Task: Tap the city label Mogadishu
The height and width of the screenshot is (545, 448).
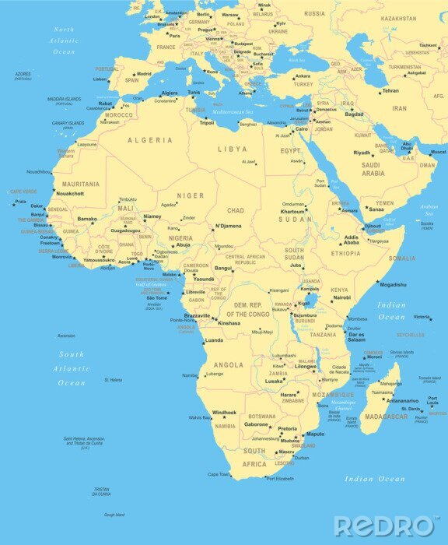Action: click(393, 285)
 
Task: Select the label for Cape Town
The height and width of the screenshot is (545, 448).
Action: click(219, 474)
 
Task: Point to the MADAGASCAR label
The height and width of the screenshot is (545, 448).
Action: click(385, 417)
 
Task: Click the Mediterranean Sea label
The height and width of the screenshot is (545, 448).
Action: click(233, 112)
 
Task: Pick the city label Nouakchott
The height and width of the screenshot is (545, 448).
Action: click(70, 193)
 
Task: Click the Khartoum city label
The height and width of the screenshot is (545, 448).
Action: click(292, 212)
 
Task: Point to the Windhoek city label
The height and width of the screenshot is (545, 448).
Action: click(224, 413)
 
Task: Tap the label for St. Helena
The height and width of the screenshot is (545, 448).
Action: click(113, 380)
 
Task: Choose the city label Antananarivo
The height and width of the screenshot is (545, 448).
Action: click(403, 401)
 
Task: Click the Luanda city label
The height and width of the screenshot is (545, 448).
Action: click(213, 341)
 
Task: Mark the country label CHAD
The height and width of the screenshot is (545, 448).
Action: click(235, 210)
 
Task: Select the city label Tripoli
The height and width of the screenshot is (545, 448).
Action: click(206, 123)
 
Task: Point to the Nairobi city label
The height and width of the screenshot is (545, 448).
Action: click(341, 297)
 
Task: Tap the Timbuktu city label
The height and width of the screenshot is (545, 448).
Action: click(128, 199)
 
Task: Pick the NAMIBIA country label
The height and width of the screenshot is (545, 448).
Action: click(225, 426)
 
